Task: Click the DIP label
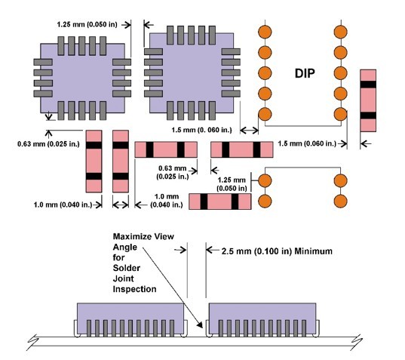(305, 73)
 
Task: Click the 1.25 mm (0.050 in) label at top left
(87, 25)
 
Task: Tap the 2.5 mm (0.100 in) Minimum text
(277, 251)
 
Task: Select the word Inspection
(134, 289)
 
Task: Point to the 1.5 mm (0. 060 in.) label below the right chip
(201, 130)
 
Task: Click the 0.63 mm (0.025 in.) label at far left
(48, 143)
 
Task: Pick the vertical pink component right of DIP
(368, 100)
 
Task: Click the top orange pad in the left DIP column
(265, 32)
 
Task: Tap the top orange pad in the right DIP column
(340, 32)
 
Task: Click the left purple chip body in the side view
(130, 320)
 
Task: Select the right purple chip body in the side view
(262, 320)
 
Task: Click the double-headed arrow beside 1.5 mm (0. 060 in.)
(249, 130)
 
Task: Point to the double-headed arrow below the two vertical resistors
(121, 205)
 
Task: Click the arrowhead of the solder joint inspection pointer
(200, 325)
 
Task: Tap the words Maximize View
(143, 236)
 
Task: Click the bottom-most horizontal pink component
(219, 202)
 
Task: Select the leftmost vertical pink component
(94, 162)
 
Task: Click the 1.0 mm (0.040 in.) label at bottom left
(63, 205)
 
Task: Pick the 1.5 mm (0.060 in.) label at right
(307, 143)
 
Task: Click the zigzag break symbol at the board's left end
(33, 342)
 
